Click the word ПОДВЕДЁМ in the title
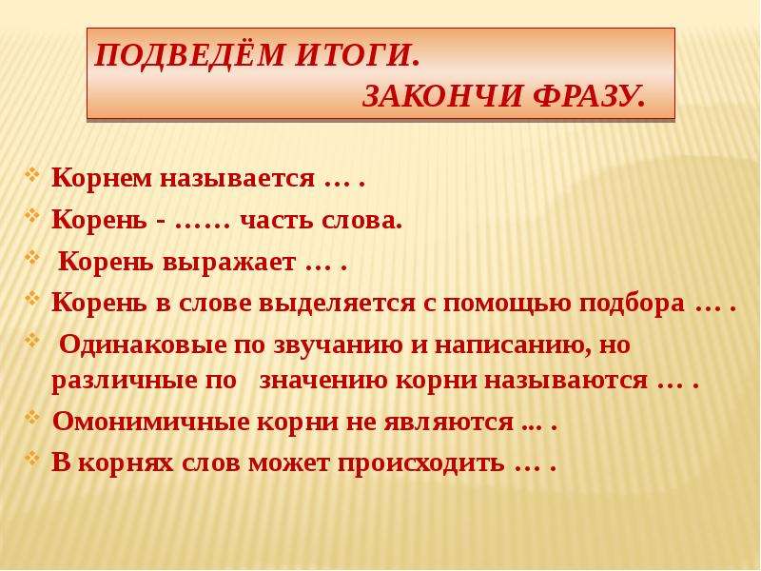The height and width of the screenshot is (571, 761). pos(188,53)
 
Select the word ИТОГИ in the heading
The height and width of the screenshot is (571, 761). pos(356,55)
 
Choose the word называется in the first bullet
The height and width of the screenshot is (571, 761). pos(238,179)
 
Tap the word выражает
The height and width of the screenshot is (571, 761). pos(228,263)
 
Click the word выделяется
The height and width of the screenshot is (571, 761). pos(338,304)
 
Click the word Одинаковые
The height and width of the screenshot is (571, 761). pos(144,345)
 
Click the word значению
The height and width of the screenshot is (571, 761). pos(323,380)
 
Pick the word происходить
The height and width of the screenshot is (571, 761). pos(420,463)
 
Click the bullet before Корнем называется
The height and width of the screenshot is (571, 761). pos(32,174)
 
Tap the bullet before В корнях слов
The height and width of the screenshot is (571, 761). pos(32,458)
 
